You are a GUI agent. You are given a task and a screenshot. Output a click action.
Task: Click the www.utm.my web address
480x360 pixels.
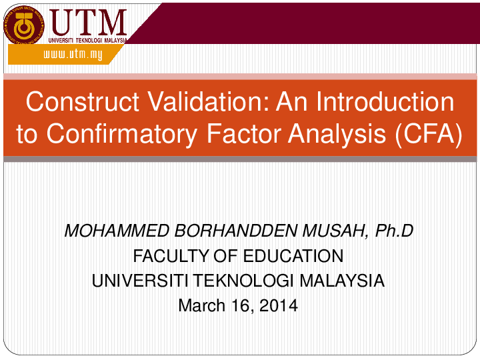pyautogui.click(x=73, y=55)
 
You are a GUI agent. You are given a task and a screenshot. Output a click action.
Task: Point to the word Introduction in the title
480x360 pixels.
pyautogui.click(x=385, y=102)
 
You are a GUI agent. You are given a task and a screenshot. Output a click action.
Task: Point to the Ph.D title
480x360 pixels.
pyautogui.click(x=395, y=231)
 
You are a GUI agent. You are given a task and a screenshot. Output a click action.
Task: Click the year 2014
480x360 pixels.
pyautogui.click(x=278, y=306)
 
